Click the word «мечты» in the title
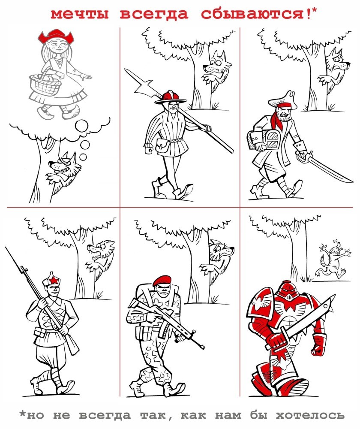pos(80,14)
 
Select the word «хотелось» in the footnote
pos(310,415)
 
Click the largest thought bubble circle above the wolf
pos(81,126)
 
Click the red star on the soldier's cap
pos(54,280)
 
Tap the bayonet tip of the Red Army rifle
pos(6,248)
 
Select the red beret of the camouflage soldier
pos(162,281)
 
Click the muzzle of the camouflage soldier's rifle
pos(202,347)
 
